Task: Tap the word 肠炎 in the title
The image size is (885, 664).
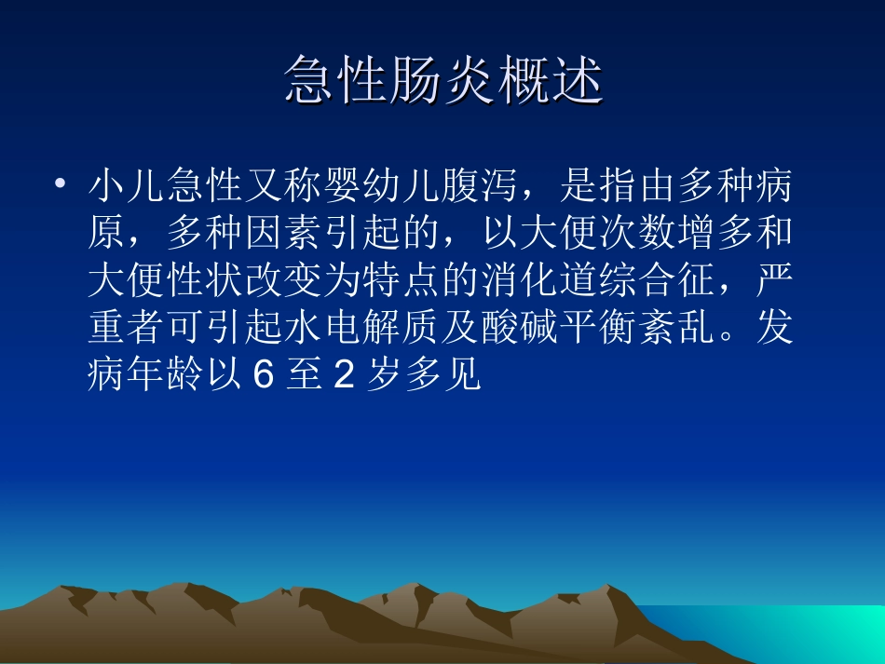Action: click(x=443, y=79)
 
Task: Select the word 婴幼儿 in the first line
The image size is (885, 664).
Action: click(x=381, y=187)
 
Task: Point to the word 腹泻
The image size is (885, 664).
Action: click(x=481, y=187)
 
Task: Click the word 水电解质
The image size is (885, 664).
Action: click(x=363, y=329)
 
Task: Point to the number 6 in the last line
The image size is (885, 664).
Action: click(x=262, y=376)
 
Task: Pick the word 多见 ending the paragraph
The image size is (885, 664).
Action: click(x=442, y=376)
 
